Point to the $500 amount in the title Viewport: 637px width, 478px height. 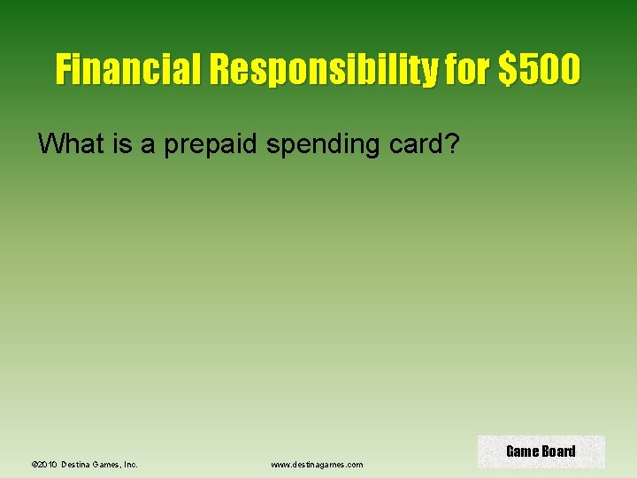(x=540, y=69)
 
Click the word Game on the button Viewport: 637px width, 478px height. (x=523, y=451)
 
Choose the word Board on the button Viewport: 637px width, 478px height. (x=558, y=451)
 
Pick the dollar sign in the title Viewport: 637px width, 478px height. (x=508, y=69)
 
